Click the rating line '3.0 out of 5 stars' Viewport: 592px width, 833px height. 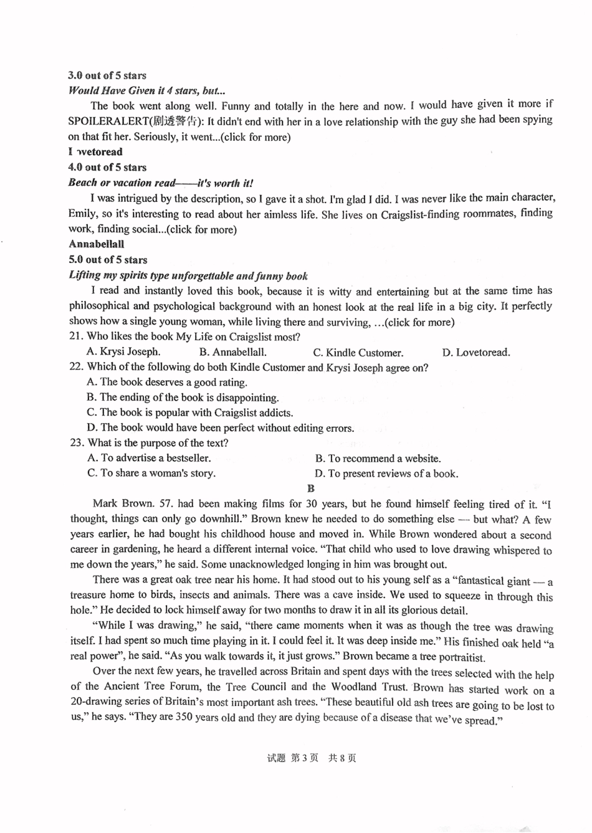pyautogui.click(x=107, y=76)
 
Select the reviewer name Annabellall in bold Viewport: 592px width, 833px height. pyautogui.click(x=96, y=244)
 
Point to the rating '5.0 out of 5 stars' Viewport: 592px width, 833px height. pyautogui.click(x=108, y=260)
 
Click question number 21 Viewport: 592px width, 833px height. pyautogui.click(x=76, y=337)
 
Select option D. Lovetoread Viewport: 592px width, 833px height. pyautogui.click(x=476, y=353)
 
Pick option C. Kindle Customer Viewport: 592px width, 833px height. pyautogui.click(x=358, y=353)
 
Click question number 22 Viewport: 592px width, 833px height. pyautogui.click(x=76, y=368)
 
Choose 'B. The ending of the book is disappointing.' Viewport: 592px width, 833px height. pyautogui.click(x=183, y=397)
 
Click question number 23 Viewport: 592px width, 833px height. pyautogui.click(x=76, y=443)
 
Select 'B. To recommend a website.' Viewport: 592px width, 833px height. pyautogui.click(x=378, y=459)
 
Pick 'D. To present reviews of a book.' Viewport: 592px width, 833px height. pyautogui.click(x=386, y=474)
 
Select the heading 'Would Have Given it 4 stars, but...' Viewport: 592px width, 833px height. pyautogui.click(x=146, y=91)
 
